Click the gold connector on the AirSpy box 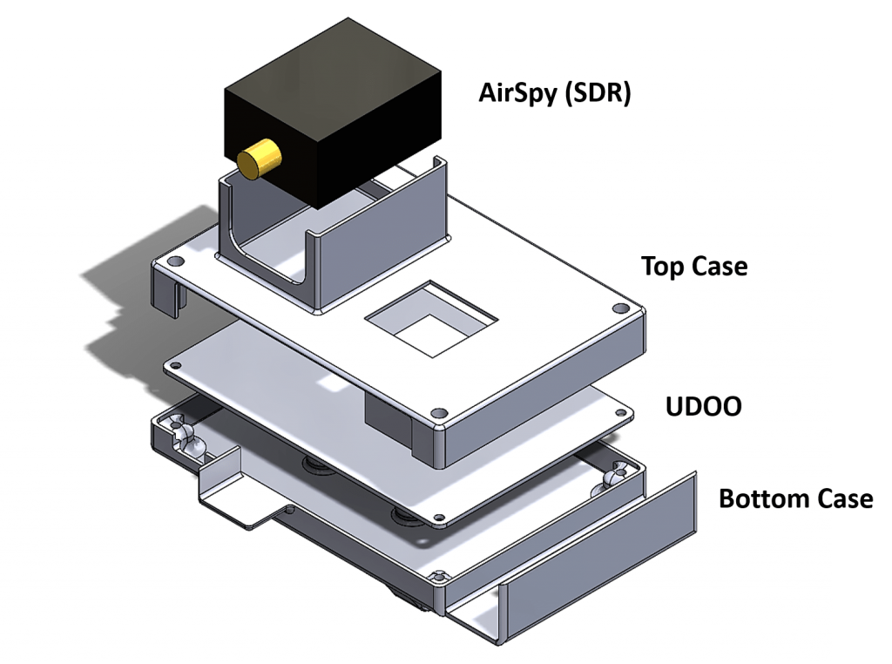coord(259,159)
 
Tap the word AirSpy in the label coord(518,92)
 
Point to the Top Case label coord(693,266)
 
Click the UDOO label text coord(703,406)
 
